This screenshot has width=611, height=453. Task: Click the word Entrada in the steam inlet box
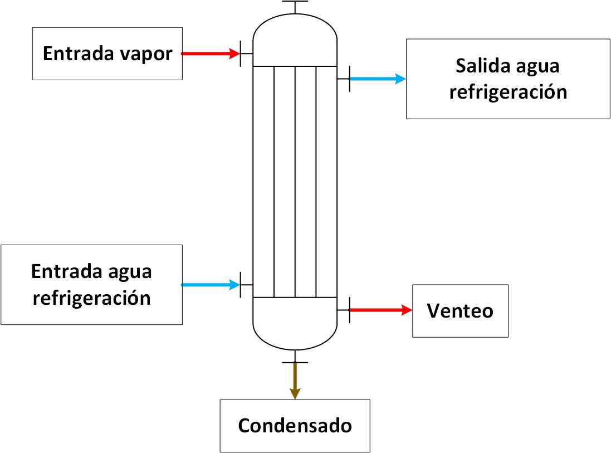coord(79,53)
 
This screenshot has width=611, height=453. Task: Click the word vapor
coord(146,55)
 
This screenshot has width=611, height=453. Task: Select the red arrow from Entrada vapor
coord(211,53)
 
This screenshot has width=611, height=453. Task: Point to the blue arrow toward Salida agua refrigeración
coord(378,79)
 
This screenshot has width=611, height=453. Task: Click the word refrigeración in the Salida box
coord(508,92)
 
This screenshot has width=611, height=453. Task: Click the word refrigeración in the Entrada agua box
coord(91,298)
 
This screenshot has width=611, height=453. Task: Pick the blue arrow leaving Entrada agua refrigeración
coord(211,285)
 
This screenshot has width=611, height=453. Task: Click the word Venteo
coord(460,311)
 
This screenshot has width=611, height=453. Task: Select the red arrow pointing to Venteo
coord(381,310)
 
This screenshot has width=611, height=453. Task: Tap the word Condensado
coord(295,425)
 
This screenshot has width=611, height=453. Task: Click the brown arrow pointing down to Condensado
coord(295,381)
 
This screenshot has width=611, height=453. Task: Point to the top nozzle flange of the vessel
coord(295,1)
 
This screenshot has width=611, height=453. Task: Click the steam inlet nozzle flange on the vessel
coord(241,53)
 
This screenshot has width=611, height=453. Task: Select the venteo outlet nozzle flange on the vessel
coord(350,310)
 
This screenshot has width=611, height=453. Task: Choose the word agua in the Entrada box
coord(130,273)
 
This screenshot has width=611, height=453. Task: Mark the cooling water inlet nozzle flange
coord(241,285)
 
